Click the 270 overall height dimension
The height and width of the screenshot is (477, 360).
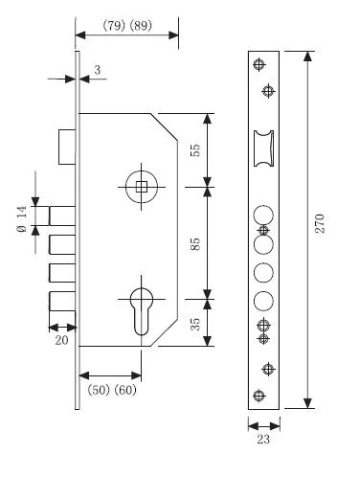click(320, 223)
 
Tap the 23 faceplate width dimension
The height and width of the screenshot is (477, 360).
click(263, 440)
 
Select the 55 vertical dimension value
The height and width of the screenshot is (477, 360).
click(195, 150)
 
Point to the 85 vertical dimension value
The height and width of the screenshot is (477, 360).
click(195, 243)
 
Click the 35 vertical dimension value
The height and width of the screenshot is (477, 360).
click(195, 324)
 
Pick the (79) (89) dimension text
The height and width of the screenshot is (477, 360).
click(127, 25)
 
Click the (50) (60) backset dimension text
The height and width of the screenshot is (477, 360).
click(112, 390)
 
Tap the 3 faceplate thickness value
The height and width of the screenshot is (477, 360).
click(98, 70)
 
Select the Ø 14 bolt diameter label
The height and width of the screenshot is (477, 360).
click(22, 219)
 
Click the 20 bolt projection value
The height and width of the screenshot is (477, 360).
click(61, 340)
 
